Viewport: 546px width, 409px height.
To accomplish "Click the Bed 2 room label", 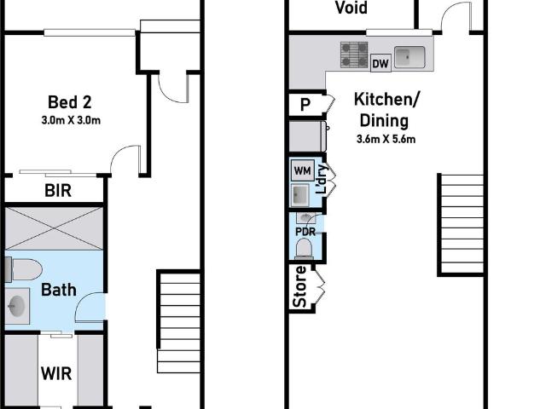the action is point(70,102).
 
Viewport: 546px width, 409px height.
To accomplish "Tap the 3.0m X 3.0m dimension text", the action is point(71,120).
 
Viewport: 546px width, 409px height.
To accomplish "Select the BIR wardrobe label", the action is point(58,191).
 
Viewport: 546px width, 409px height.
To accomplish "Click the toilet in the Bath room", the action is point(24,269).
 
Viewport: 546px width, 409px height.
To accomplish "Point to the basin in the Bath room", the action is point(17,306).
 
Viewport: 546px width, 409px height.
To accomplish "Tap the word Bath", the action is point(59,290).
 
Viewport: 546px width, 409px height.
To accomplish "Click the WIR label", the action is point(56,373).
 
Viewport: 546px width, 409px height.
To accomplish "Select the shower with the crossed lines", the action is point(54,228).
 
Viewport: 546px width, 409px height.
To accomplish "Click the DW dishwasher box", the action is point(380,63).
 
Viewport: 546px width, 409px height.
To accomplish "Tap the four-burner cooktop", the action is point(354,55).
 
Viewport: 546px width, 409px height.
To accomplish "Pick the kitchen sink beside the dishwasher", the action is point(409,57).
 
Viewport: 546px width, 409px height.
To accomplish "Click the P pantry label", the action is point(305,104).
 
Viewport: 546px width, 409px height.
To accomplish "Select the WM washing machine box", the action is point(303,170).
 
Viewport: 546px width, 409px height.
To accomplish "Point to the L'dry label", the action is point(321,179).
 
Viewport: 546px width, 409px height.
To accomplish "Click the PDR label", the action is point(305,232).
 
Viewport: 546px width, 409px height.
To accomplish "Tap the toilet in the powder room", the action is point(305,249).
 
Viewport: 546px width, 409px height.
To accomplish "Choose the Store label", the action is point(299,286).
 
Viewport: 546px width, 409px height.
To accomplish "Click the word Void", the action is point(351,8).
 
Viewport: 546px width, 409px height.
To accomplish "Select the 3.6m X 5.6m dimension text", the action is point(386,140).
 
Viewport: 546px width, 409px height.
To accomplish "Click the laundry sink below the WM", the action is point(299,195).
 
